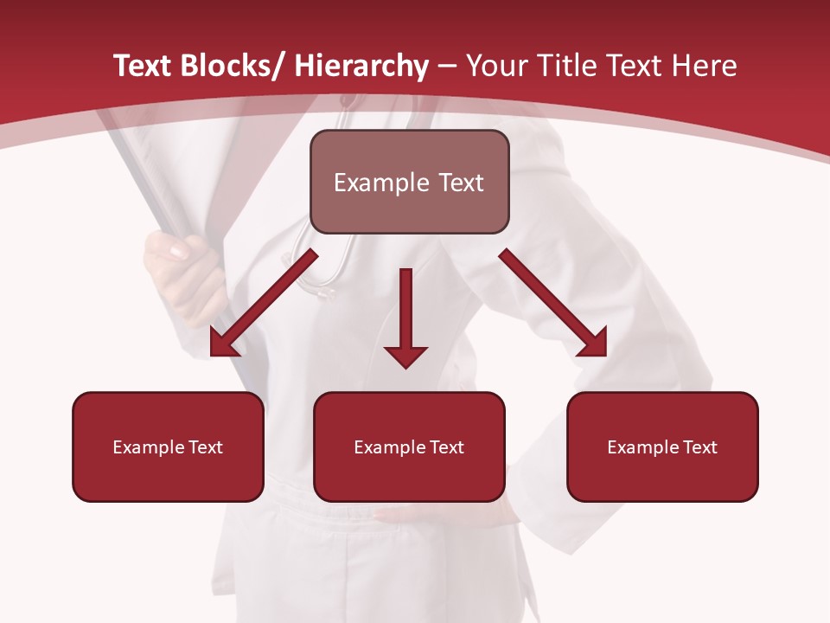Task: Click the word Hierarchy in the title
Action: pyautogui.click(x=361, y=67)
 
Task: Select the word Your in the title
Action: pyautogui.click(x=495, y=67)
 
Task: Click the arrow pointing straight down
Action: pyautogui.click(x=405, y=311)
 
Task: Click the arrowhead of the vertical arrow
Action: pyautogui.click(x=405, y=356)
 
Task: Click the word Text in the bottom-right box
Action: pyautogui.click(x=699, y=447)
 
